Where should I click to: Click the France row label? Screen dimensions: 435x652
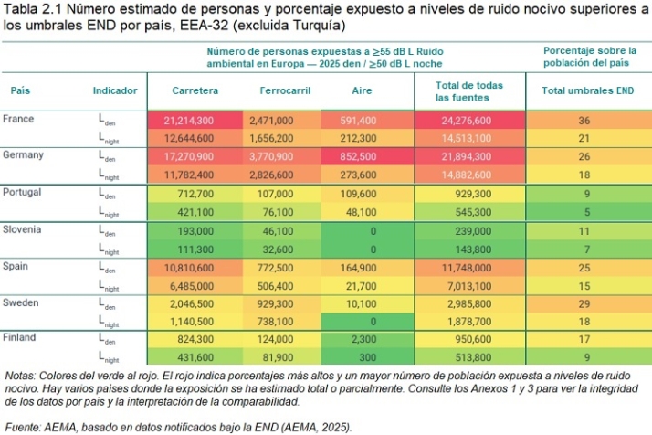coord(18,119)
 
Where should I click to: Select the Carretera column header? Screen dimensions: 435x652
coord(195,90)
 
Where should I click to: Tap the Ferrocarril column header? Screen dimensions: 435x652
coord(281,90)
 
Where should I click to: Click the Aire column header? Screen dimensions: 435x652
coord(362,90)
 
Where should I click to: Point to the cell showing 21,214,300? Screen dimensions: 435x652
coord(189,120)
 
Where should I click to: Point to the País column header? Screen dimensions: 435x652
coord(20,90)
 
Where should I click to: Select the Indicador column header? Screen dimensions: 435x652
coord(115,90)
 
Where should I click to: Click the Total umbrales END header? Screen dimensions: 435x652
coord(587,90)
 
